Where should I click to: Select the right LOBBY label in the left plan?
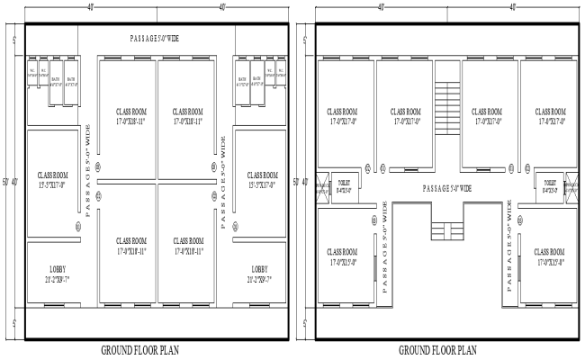tap(260, 274)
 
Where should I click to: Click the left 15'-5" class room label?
tap(51, 179)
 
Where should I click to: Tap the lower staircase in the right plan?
tap(443, 231)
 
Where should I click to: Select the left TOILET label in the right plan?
tap(344, 186)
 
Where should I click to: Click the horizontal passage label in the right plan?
tap(446, 188)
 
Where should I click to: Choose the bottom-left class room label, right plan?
tap(343, 256)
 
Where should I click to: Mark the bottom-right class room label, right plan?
tap(549, 256)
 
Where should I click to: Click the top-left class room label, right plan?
tap(343, 116)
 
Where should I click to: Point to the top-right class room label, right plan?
tap(549, 116)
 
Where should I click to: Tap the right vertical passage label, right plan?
tap(510, 244)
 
